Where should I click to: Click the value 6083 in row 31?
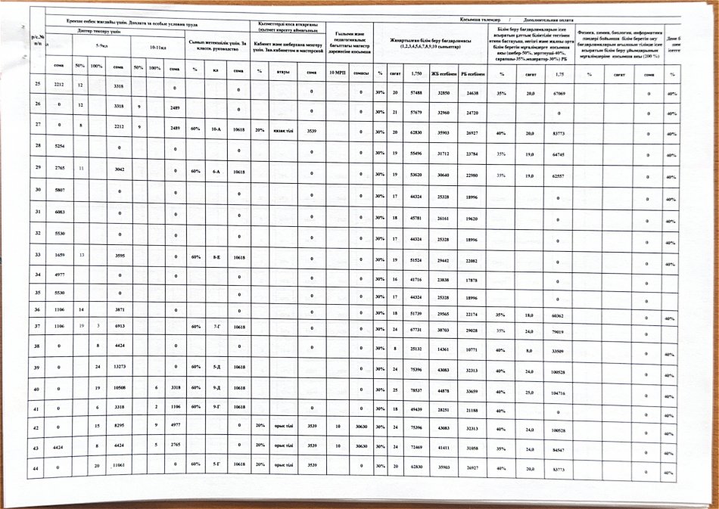tap(59, 213)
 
